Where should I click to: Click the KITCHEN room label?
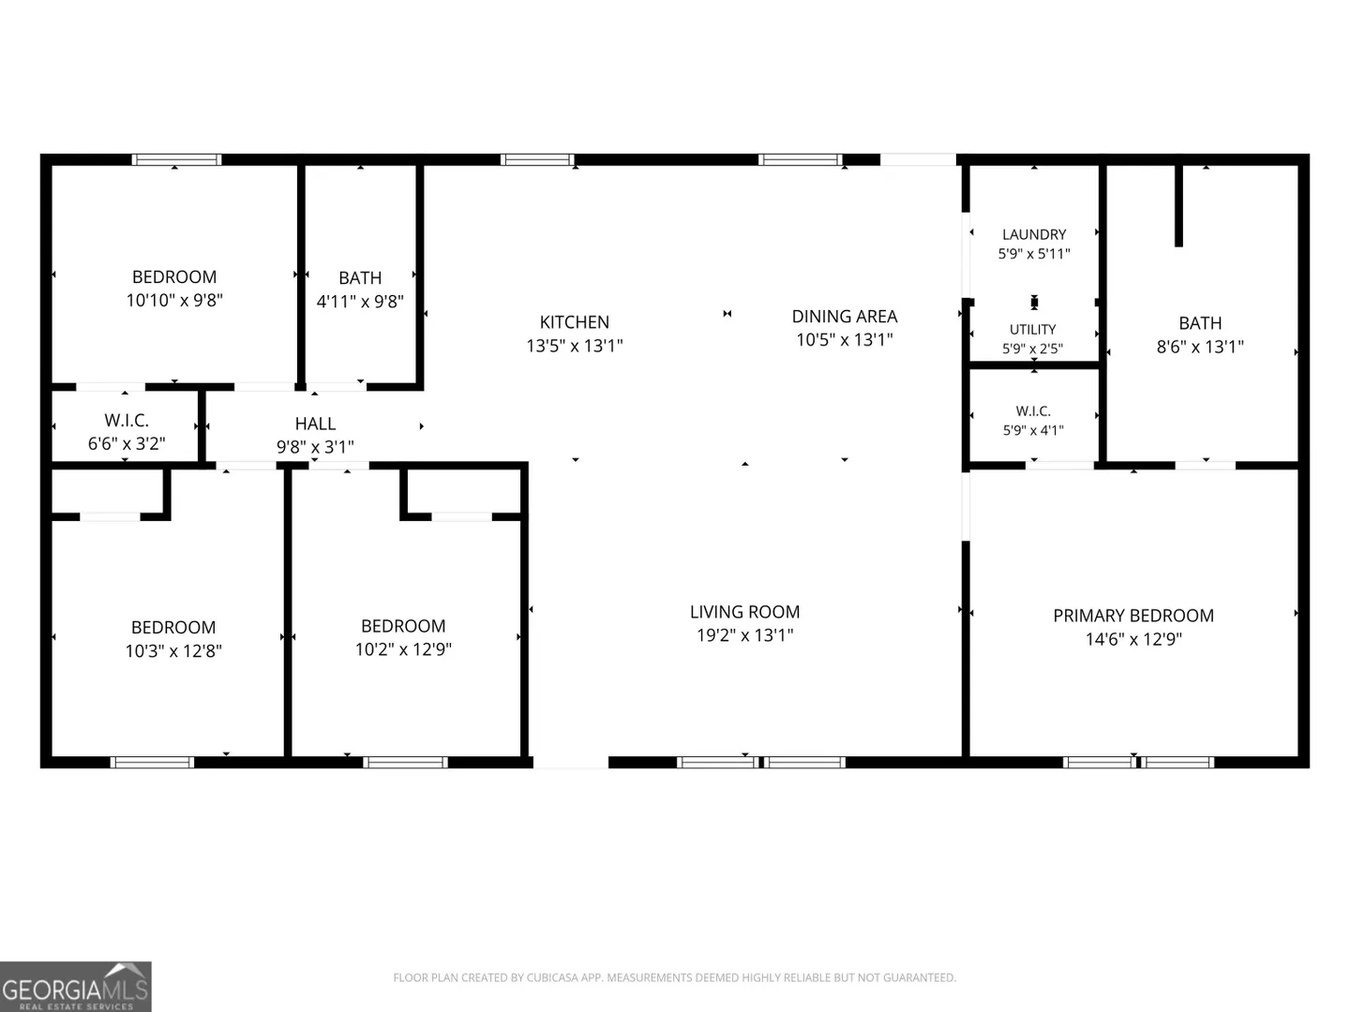click(x=575, y=322)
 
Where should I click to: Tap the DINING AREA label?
click(x=845, y=317)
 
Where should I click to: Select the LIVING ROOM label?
click(x=744, y=612)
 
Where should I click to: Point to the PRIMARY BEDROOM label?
click(x=1133, y=616)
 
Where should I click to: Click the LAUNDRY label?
click(x=1034, y=234)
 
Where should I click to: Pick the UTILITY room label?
click(x=1032, y=329)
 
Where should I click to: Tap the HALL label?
click(x=315, y=424)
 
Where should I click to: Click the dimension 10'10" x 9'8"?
click(x=174, y=301)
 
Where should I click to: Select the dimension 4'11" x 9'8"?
click(x=360, y=302)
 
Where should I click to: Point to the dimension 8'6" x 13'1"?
click(x=1200, y=347)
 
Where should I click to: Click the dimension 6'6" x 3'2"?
click(x=127, y=443)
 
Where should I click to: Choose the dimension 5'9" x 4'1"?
click(x=1033, y=430)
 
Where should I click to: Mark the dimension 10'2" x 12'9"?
click(x=403, y=649)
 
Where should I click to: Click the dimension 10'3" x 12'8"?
click(x=173, y=650)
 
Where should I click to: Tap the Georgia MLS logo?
click(x=76, y=986)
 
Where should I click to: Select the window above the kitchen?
click(x=537, y=159)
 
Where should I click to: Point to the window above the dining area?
click(x=801, y=159)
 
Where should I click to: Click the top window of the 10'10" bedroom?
click(x=176, y=159)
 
